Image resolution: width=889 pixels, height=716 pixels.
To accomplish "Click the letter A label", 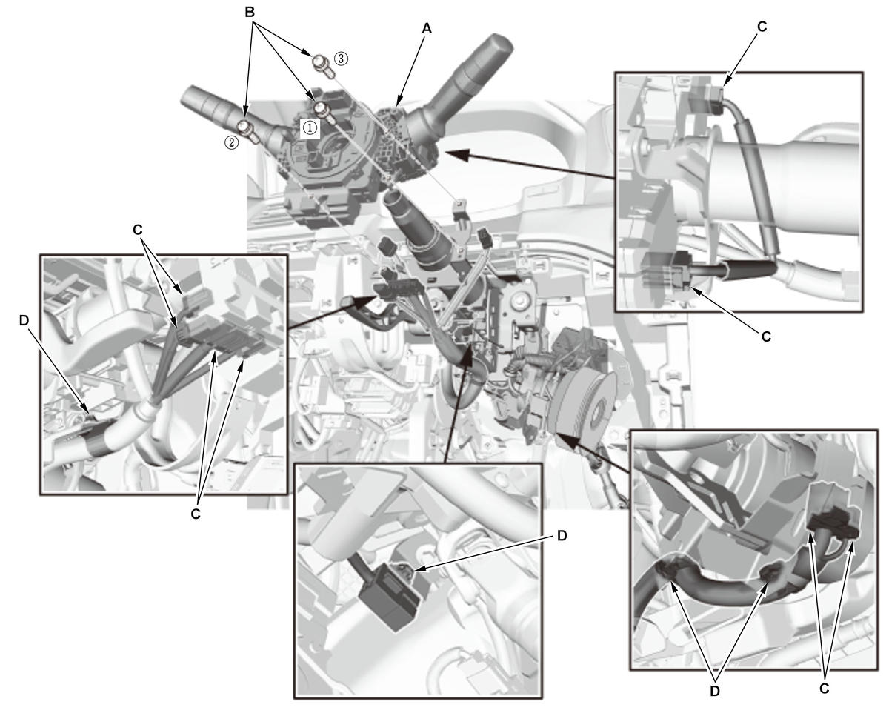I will tap(426, 28).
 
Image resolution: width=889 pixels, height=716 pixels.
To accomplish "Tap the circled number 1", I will tap(310, 127).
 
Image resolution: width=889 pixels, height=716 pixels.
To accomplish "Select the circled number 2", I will tap(232, 143).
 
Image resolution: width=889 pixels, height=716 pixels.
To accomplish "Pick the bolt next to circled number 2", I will tap(249, 131).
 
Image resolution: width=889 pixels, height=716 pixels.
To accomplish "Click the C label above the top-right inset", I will tap(762, 27).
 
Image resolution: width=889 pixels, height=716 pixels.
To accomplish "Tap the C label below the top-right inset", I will tap(766, 336).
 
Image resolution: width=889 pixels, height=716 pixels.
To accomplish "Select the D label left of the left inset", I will tap(24, 320).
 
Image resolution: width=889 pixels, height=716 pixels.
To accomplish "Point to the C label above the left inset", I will tap(138, 230).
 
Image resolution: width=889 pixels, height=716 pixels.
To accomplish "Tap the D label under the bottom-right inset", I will tap(715, 691).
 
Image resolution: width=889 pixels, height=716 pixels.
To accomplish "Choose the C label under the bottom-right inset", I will tap(824, 689).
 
